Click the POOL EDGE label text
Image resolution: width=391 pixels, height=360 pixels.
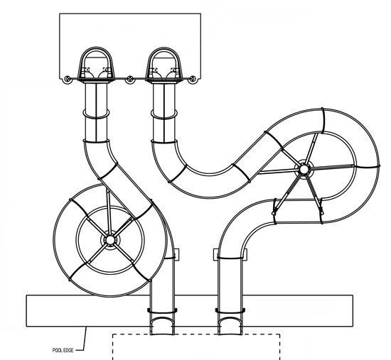(63, 350)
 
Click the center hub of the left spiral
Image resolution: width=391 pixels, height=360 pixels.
(110, 240)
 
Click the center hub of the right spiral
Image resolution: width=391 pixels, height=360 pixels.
(304, 169)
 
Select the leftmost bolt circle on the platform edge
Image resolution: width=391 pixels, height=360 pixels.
(68, 80)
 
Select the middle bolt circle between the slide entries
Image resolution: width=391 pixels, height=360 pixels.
(129, 80)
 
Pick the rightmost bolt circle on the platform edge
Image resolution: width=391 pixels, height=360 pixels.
(192, 80)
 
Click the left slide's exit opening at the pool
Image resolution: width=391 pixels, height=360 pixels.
(162, 326)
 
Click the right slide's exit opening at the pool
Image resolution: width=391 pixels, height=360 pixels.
(230, 326)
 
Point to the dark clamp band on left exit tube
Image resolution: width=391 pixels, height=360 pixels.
(162, 311)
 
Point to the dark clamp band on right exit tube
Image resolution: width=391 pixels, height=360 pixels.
(230, 311)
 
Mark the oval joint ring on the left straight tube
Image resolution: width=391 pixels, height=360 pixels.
(96, 114)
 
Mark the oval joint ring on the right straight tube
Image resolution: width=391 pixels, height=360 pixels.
(164, 114)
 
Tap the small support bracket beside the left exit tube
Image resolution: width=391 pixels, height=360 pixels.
(176, 254)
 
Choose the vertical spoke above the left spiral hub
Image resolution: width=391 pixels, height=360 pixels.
(108, 209)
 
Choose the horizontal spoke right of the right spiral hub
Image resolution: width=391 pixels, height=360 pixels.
(333, 167)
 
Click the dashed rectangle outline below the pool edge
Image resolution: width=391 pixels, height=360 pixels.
(196, 334)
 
